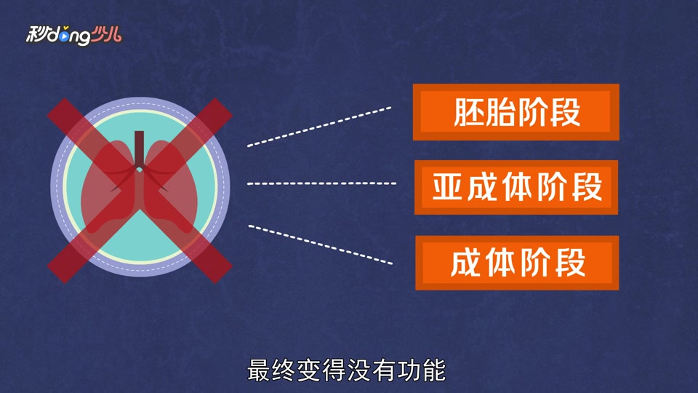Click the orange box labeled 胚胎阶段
point(516,112)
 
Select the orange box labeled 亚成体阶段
point(516,188)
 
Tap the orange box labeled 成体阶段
point(516,263)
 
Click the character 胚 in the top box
point(469,113)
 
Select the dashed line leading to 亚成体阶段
point(321,183)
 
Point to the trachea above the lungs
point(140,149)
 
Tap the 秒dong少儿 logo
point(73,33)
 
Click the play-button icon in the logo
point(65,33)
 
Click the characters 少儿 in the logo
point(107,33)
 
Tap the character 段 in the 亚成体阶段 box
point(587,188)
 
